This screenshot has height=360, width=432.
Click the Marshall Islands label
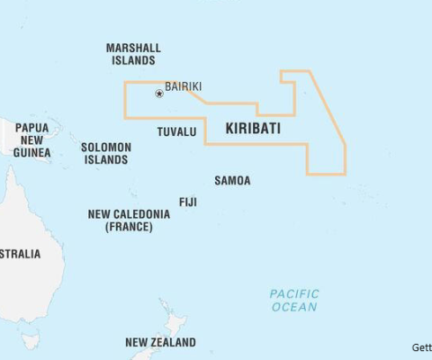pyautogui.click(x=133, y=54)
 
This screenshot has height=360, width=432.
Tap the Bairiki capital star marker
pyautogui.click(x=159, y=93)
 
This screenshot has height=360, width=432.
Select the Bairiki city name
pyautogui.click(x=183, y=86)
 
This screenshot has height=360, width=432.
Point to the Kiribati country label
pyautogui.click(x=253, y=129)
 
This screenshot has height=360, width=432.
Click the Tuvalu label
pyautogui.click(x=176, y=131)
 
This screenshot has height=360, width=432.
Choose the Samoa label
pyautogui.click(x=232, y=180)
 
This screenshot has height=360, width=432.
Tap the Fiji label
pyautogui.click(x=188, y=202)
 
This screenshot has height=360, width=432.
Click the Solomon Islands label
pyautogui.click(x=106, y=153)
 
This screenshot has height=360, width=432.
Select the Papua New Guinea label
pyautogui.click(x=31, y=140)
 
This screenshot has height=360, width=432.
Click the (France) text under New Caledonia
pyautogui.click(x=129, y=227)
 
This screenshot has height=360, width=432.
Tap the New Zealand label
pyautogui.click(x=160, y=343)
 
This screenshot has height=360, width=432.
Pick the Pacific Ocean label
pyautogui.click(x=294, y=301)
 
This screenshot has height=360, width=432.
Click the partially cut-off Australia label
pyautogui.click(x=20, y=254)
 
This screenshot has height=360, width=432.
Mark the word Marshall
pyautogui.click(x=133, y=48)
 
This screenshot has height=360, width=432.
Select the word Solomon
pyautogui.click(x=106, y=147)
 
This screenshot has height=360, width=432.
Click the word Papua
pyautogui.click(x=31, y=128)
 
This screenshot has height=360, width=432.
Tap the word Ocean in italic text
pyautogui.click(x=294, y=307)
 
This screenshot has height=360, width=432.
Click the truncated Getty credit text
pyautogui.click(x=421, y=347)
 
